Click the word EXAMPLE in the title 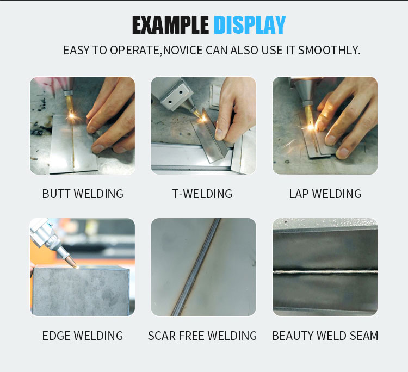pyautogui.click(x=170, y=24)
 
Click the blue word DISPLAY pyautogui.click(x=250, y=24)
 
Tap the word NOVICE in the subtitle pyautogui.click(x=183, y=50)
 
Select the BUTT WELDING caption pyautogui.click(x=83, y=194)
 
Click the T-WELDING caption pyautogui.click(x=202, y=194)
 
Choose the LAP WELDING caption pyautogui.click(x=325, y=194)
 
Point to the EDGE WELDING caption pyautogui.click(x=83, y=336)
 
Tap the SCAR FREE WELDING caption pyautogui.click(x=202, y=336)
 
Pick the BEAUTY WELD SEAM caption pyautogui.click(x=325, y=336)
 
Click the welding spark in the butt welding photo pyautogui.click(x=71, y=114)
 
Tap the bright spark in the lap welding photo pyautogui.click(x=311, y=127)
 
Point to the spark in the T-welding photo pyautogui.click(x=203, y=119)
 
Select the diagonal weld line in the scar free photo pyautogui.click(x=196, y=267)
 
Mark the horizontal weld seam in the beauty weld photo pyautogui.click(x=325, y=272)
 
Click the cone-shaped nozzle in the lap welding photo pyautogui.click(x=306, y=90)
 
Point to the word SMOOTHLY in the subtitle pyautogui.click(x=329, y=50)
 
